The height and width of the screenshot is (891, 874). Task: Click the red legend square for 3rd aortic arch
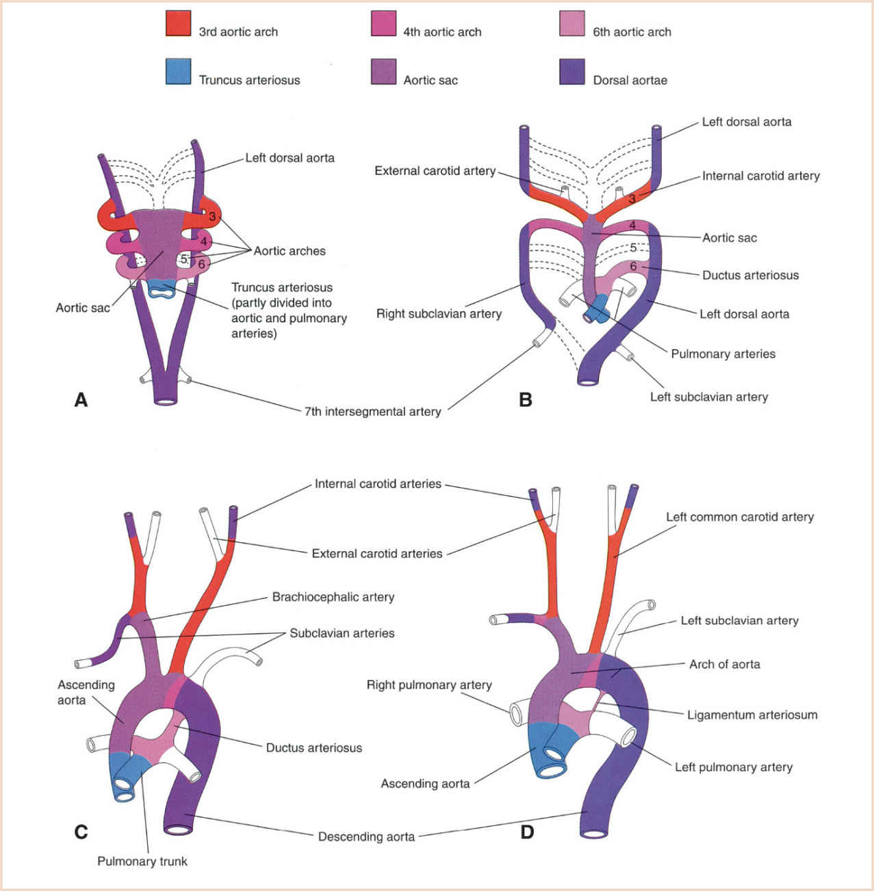[x=178, y=23]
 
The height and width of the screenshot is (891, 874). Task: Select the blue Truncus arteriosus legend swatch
[x=178, y=71]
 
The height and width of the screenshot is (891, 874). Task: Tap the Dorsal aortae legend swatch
[x=572, y=71]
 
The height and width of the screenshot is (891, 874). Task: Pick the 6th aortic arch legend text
[x=632, y=31]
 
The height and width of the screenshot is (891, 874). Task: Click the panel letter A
[x=81, y=399]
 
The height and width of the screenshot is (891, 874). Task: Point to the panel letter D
[x=527, y=832]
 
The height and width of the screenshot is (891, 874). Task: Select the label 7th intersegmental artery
[x=372, y=411]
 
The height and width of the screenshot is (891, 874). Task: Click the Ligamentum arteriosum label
[x=752, y=715]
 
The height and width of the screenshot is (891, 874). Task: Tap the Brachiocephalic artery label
[x=333, y=596]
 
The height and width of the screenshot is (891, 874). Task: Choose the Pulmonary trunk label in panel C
[x=142, y=861]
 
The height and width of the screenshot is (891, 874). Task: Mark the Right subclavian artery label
[x=439, y=313]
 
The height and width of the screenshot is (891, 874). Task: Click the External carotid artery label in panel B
[x=435, y=170]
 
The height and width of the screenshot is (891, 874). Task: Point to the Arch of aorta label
[x=724, y=663]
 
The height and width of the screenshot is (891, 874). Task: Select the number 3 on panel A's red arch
[x=212, y=217]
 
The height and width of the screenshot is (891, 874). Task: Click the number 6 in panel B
[x=633, y=266]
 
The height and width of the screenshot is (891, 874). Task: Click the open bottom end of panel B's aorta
[x=587, y=381]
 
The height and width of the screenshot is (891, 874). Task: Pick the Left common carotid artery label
[x=740, y=516]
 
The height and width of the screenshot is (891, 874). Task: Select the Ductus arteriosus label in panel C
[x=313, y=747]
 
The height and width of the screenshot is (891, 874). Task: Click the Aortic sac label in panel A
[x=82, y=308]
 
